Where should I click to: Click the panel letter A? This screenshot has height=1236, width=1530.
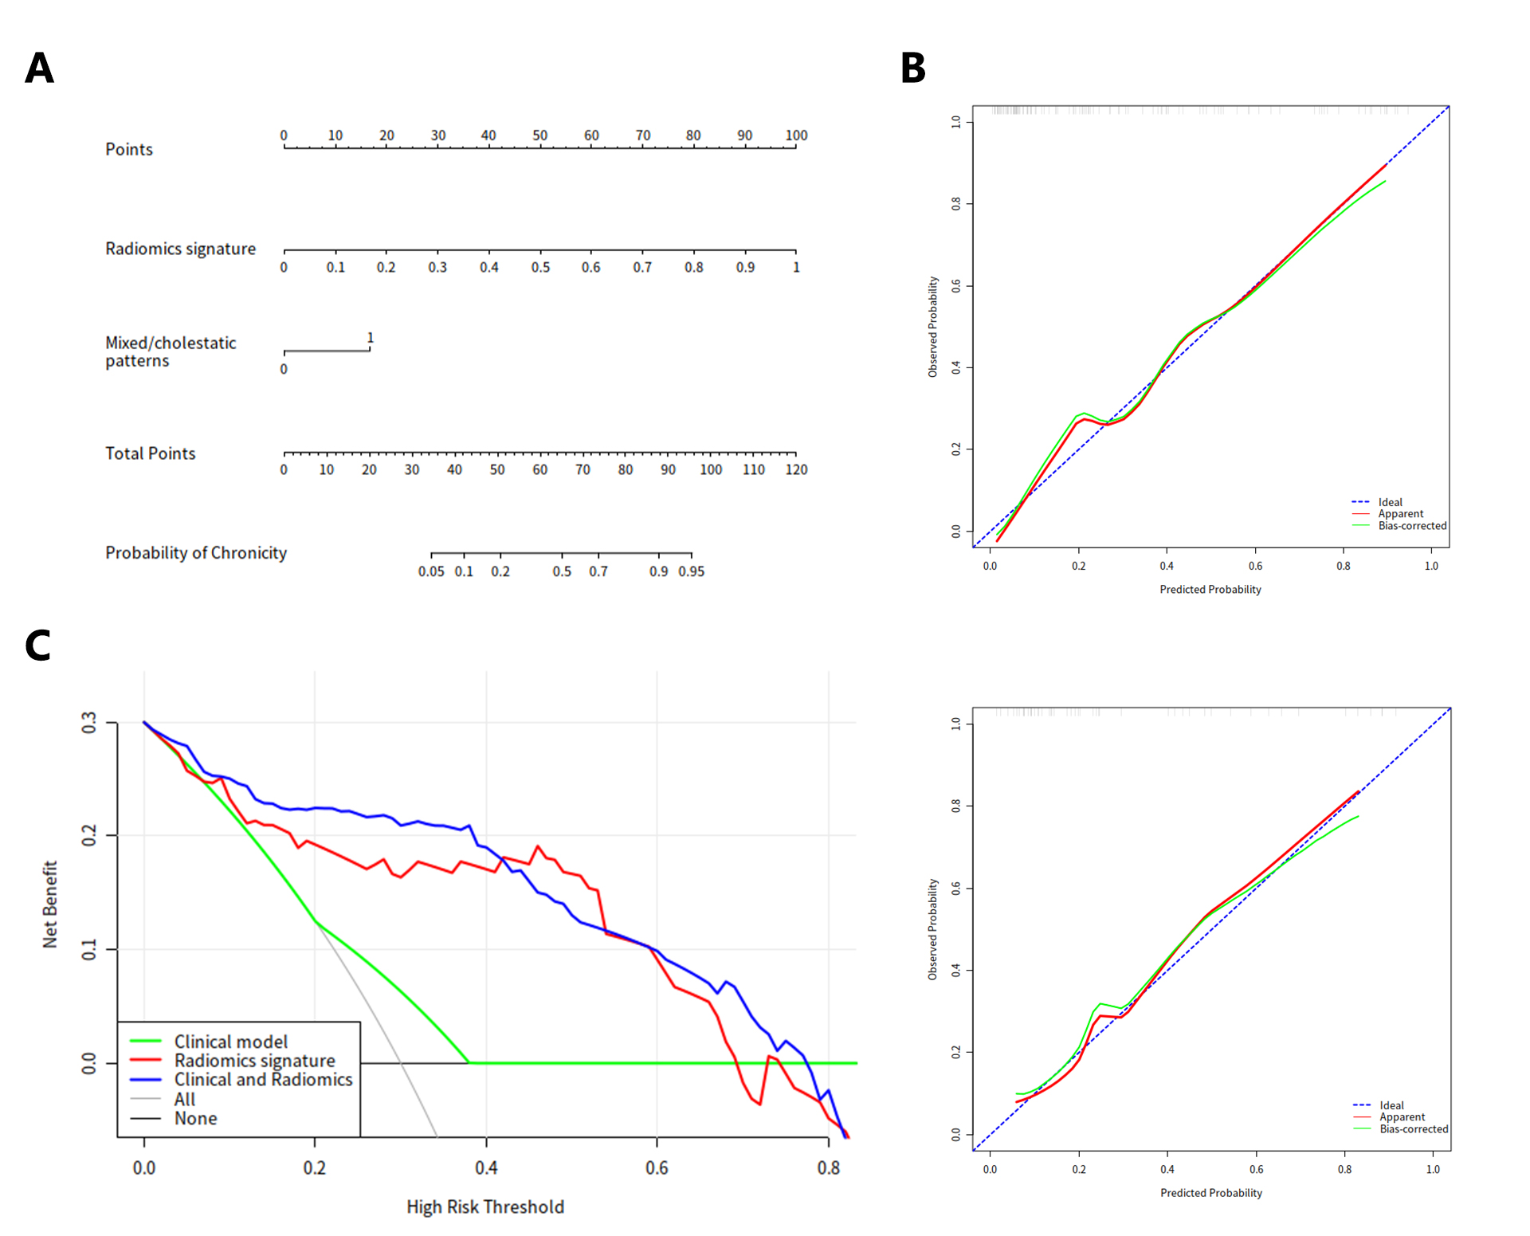click(x=39, y=69)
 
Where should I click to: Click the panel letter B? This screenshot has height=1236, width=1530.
click(x=912, y=69)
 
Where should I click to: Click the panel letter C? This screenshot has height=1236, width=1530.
click(x=38, y=645)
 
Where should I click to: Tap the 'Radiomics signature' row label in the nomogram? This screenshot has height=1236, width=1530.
click(x=180, y=249)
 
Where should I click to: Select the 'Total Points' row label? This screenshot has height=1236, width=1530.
click(x=150, y=453)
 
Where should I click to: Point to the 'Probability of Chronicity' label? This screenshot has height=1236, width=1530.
click(x=196, y=553)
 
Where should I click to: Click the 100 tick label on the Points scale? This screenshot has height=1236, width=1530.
click(x=796, y=135)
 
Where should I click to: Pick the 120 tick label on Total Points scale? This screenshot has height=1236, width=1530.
click(x=796, y=470)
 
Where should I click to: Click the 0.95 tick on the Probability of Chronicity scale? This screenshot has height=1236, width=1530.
click(x=691, y=571)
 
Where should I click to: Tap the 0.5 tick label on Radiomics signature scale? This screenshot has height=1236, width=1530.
click(x=540, y=268)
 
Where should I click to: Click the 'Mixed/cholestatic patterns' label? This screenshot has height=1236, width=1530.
click(x=171, y=351)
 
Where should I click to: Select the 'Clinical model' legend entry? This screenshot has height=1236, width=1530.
click(x=231, y=1042)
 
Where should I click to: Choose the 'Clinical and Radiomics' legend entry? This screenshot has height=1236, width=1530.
click(x=263, y=1079)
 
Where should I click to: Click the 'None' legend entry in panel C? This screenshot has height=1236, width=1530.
click(x=196, y=1118)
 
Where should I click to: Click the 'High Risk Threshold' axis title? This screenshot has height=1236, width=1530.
click(x=484, y=1207)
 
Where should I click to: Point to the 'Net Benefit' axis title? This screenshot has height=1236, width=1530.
click(x=50, y=904)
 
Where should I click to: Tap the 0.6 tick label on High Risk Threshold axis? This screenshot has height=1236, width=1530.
click(x=657, y=1168)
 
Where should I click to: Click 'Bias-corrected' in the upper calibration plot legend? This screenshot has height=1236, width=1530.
click(x=1412, y=526)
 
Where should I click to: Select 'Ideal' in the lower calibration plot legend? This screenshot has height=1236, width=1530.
click(x=1391, y=1105)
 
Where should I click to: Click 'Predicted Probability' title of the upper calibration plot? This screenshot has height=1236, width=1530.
click(x=1210, y=590)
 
